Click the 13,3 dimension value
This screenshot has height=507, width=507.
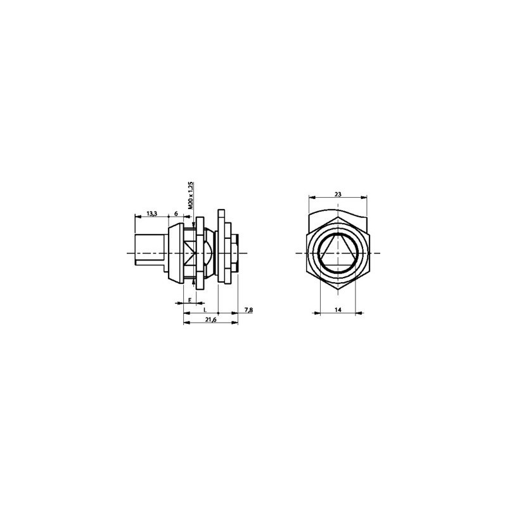tap(151, 214)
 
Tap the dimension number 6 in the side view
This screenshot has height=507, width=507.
tap(176, 214)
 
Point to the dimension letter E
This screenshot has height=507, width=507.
tap(190, 300)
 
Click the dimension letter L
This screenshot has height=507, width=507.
tap(205, 310)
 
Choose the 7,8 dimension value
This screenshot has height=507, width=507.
tap(248, 310)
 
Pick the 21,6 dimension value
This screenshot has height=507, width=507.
tap(211, 319)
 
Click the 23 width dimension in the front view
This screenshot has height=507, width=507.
tap(338, 194)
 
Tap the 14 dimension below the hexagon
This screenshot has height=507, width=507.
tap(338, 310)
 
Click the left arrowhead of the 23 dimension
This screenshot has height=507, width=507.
tap(312, 197)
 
